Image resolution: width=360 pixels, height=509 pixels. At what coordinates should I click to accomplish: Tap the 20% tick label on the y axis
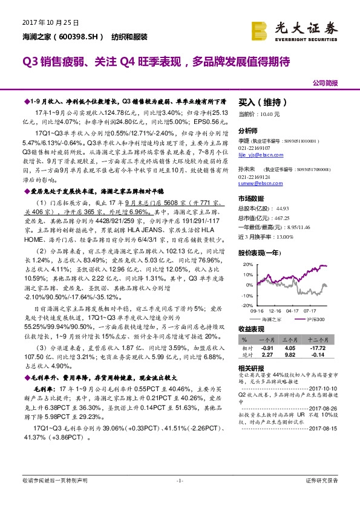click(x=246, y=265)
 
